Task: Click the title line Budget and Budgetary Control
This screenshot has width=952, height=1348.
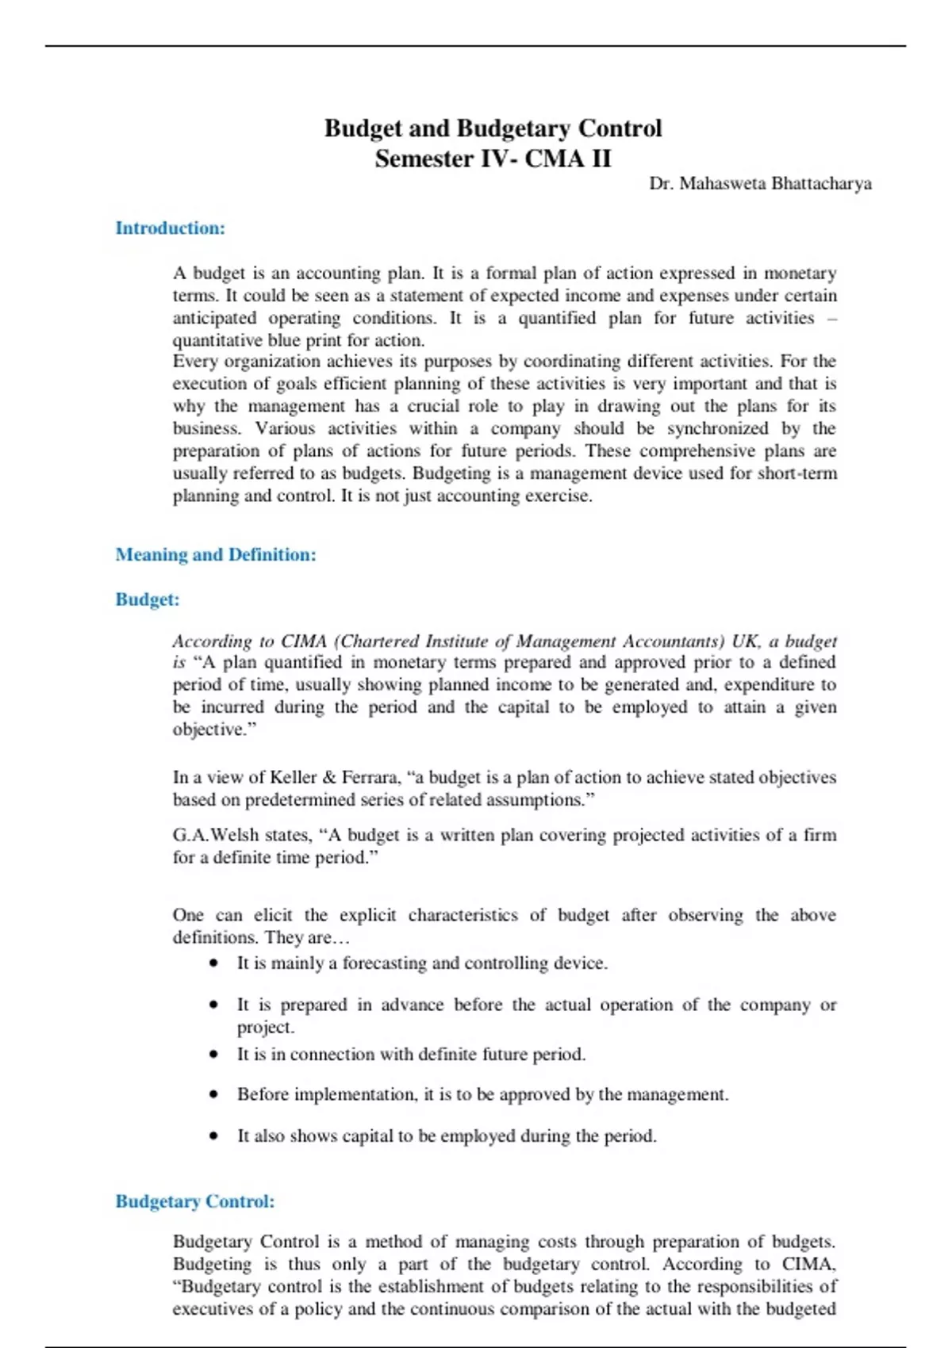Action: (493, 128)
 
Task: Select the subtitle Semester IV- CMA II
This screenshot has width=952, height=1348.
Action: (493, 159)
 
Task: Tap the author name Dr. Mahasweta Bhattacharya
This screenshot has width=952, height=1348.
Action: (760, 184)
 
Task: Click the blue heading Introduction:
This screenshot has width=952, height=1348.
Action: (171, 228)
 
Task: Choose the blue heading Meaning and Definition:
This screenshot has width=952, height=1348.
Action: (216, 555)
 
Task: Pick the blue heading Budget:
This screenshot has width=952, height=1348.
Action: (148, 599)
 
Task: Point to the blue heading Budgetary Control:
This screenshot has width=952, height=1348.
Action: (195, 1201)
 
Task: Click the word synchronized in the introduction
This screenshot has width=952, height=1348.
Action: (717, 429)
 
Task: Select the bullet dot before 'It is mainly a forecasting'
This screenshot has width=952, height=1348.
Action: (214, 963)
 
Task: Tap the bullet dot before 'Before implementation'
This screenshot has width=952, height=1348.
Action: (214, 1094)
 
